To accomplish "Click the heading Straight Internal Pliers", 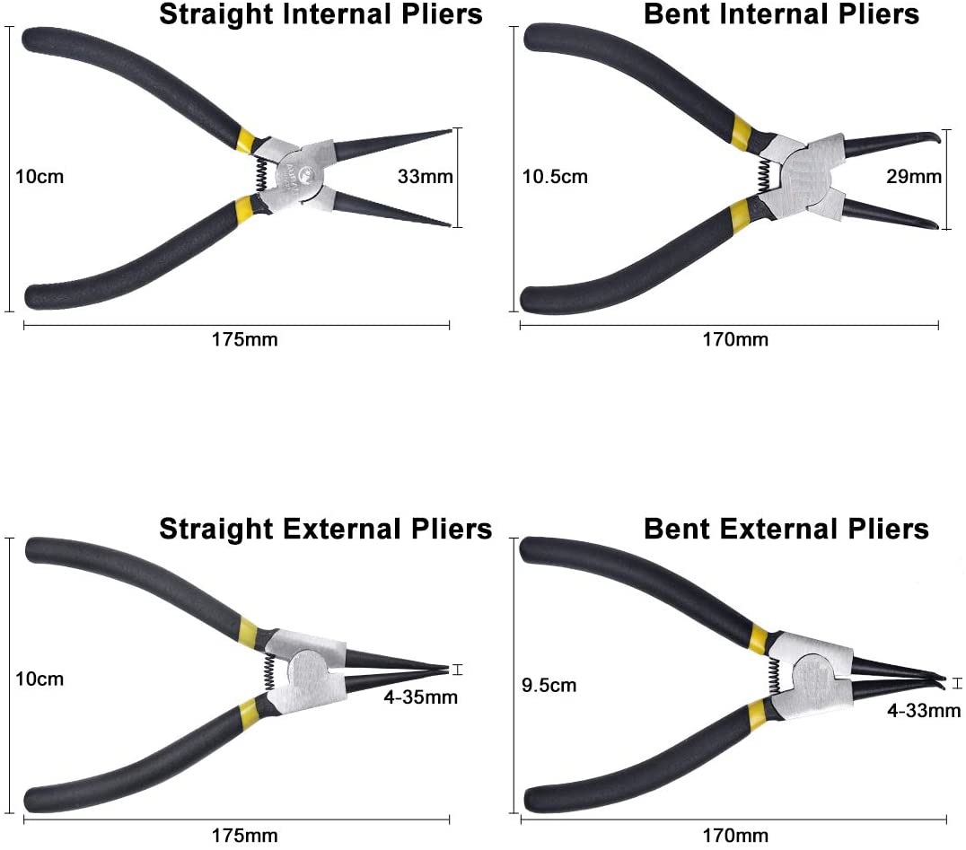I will (321, 14).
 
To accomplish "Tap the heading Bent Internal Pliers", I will (781, 14).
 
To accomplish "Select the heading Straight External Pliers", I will (325, 529).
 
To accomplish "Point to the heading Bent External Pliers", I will (786, 529).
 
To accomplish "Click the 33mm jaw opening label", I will (425, 177).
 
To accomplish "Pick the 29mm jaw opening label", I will (913, 177).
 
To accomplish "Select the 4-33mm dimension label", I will (924, 711).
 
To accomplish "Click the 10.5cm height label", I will (555, 177).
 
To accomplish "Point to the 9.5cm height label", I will (548, 686).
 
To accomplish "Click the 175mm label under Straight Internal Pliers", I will (244, 339).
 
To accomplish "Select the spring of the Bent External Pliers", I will (772, 679).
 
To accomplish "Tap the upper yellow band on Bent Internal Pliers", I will (741, 131).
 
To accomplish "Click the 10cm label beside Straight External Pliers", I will (40, 679).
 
